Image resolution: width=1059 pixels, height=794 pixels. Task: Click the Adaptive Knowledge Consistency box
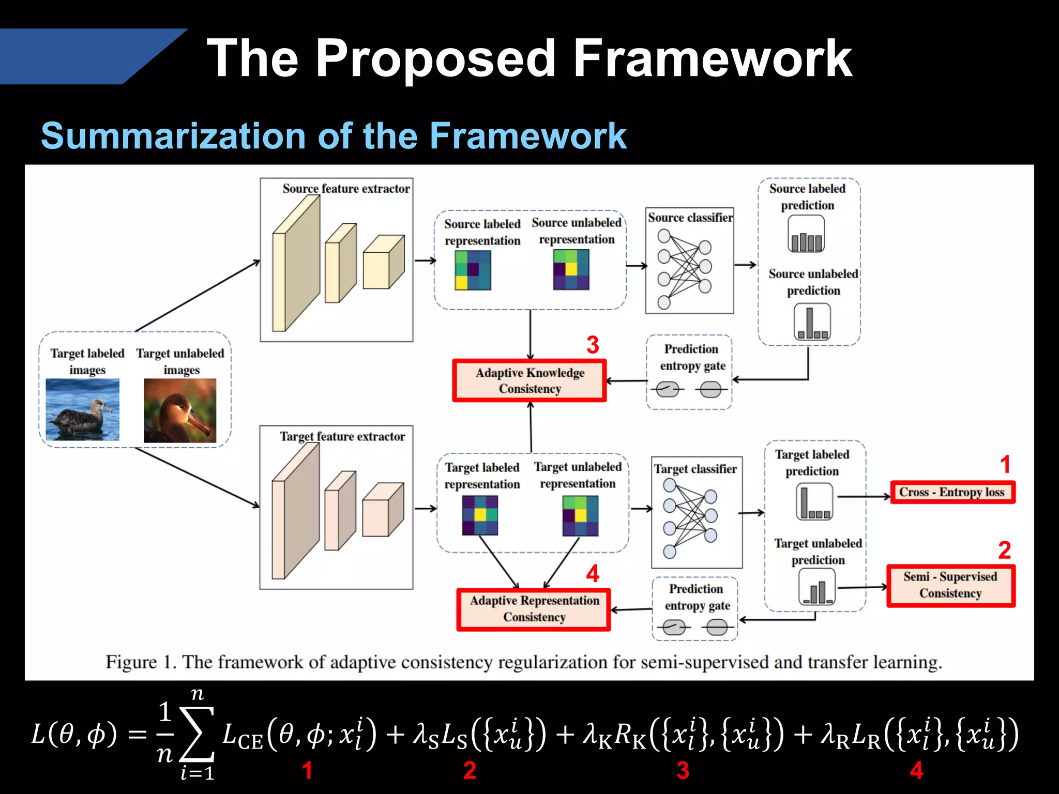pyautogui.click(x=529, y=381)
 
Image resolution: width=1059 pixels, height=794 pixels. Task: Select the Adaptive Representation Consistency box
pyautogui.click(x=534, y=609)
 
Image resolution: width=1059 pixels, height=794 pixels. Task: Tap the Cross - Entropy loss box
pyautogui.click(x=952, y=492)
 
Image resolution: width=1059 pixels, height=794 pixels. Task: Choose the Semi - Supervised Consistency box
pyautogui.click(x=950, y=585)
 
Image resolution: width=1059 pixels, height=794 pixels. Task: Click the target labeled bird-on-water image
pyautogui.click(x=83, y=409)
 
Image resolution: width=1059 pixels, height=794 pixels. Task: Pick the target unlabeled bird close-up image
pyautogui.click(x=180, y=410)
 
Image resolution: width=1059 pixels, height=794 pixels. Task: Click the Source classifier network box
pyautogui.click(x=689, y=261)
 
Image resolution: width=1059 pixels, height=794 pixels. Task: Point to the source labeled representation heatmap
pyautogui.click(x=473, y=270)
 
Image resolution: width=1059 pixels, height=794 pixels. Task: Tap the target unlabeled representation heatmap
pyautogui.click(x=580, y=516)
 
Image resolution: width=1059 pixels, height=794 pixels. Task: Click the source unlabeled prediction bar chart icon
pyautogui.click(x=812, y=322)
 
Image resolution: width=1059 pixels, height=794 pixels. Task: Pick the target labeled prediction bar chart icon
pyautogui.click(x=814, y=501)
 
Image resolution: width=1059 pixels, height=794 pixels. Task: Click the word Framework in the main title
pyautogui.click(x=712, y=58)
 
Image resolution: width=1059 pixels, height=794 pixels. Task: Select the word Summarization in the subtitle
pyautogui.click(x=173, y=136)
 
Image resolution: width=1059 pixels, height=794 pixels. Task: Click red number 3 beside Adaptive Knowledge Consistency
pyautogui.click(x=593, y=345)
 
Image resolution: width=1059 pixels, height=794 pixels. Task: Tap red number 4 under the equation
pyautogui.click(x=916, y=770)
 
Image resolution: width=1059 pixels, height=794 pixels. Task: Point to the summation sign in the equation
pyautogui.click(x=196, y=734)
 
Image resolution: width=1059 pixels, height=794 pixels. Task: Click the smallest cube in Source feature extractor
pyautogui.click(x=383, y=263)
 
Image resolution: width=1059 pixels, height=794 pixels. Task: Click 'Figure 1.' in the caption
pyautogui.click(x=140, y=662)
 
